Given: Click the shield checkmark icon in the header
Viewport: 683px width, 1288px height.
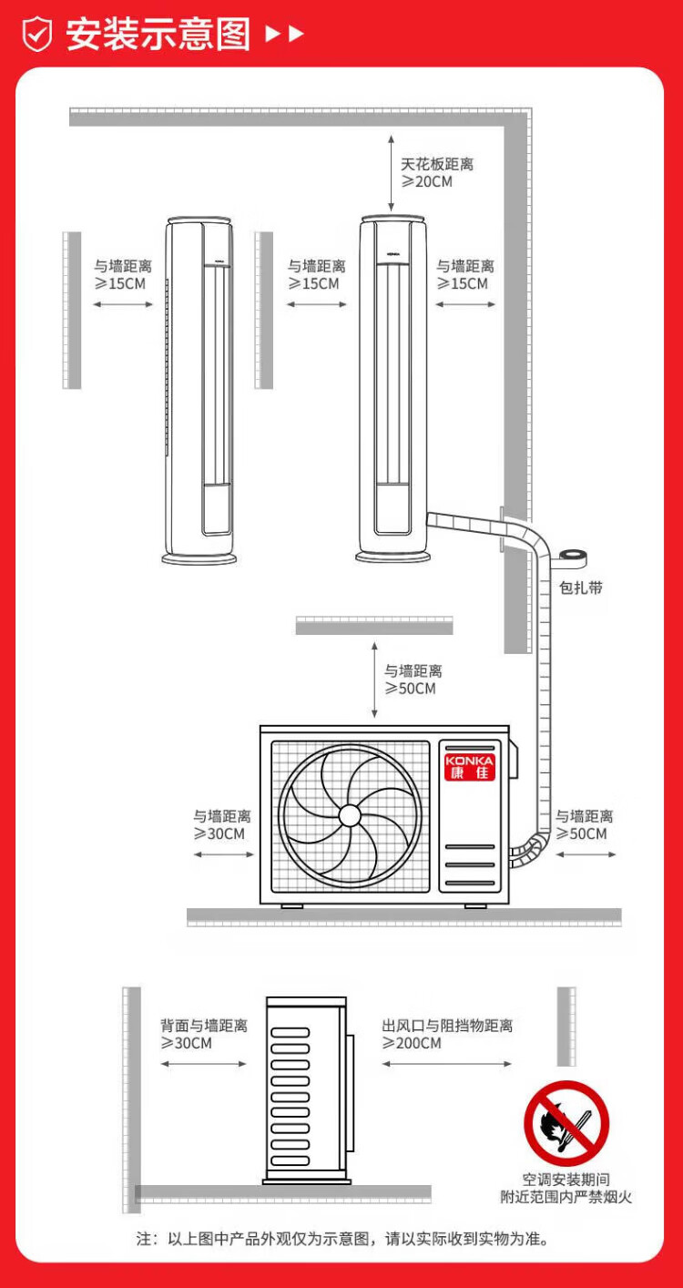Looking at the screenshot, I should pyautogui.click(x=37, y=35).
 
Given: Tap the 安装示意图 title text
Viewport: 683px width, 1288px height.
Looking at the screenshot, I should pyautogui.click(x=158, y=35).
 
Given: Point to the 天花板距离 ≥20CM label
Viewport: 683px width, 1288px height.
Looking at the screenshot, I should pyautogui.click(x=436, y=173).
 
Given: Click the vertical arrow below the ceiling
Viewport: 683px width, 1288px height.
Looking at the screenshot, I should pyautogui.click(x=391, y=173).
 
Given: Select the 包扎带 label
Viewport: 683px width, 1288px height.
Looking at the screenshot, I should pyautogui.click(x=580, y=588).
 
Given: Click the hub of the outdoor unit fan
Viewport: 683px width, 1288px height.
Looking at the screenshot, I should pyautogui.click(x=350, y=813).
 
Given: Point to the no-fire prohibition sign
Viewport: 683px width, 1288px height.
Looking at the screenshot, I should pyautogui.click(x=566, y=1122).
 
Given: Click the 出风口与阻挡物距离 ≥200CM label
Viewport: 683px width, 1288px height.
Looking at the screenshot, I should pyautogui.click(x=446, y=1034).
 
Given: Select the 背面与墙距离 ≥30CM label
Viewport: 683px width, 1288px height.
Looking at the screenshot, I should pyautogui.click(x=203, y=1034).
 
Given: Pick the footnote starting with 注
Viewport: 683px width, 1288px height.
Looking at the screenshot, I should pyautogui.click(x=341, y=1239).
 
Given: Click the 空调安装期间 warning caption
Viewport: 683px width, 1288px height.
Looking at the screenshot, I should pyautogui.click(x=566, y=1180).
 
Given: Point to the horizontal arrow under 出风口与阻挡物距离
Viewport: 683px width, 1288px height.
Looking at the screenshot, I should pyautogui.click(x=446, y=1063).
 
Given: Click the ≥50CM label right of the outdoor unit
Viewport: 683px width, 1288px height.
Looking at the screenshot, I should pyautogui.click(x=584, y=825).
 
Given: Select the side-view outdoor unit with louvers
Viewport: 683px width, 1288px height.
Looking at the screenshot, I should pyautogui.click(x=307, y=1089).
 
